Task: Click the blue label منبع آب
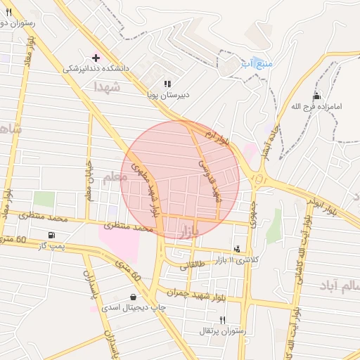(x=257, y=64)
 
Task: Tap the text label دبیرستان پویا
(x=168, y=93)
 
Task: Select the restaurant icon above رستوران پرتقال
(x=222, y=319)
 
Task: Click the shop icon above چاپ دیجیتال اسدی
(x=133, y=296)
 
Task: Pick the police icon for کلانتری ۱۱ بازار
(x=238, y=248)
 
